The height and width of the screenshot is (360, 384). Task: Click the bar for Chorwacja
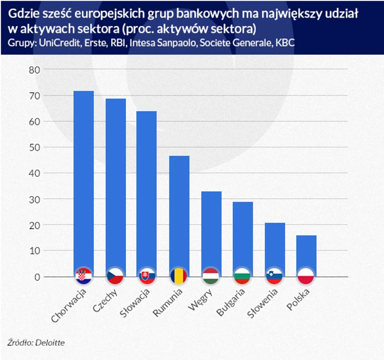click(x=83, y=181)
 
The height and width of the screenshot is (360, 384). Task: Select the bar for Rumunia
click(x=179, y=215)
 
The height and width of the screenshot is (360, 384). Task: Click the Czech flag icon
click(x=115, y=277)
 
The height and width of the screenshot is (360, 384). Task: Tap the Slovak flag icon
click(x=146, y=277)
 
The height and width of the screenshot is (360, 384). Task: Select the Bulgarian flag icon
click(x=243, y=277)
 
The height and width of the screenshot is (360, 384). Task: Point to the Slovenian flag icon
click(x=275, y=277)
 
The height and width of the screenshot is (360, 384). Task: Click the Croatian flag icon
click(x=83, y=277)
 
